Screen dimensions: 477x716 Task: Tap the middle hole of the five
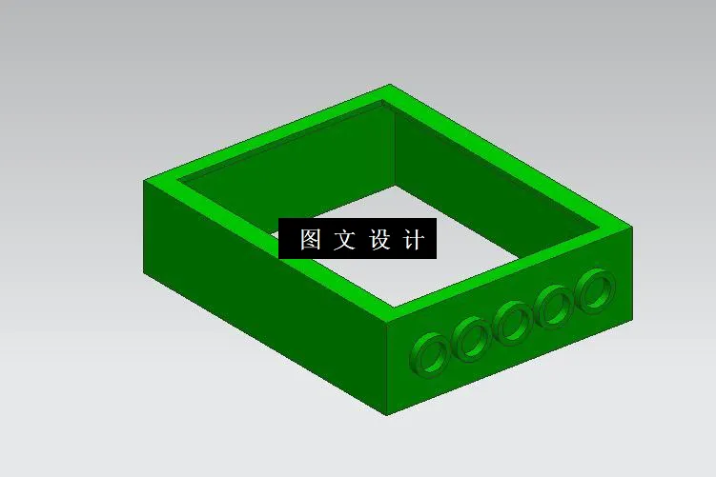tap(513, 321)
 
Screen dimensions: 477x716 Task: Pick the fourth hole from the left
tap(554, 306)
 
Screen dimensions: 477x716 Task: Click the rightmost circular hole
tap(596, 288)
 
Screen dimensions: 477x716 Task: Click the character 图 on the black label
tap(310, 239)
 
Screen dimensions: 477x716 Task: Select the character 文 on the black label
tap(344, 239)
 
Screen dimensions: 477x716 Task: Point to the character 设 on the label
tap(378, 239)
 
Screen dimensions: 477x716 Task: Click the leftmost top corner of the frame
tap(144, 181)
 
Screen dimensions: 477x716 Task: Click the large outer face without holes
tap(257, 314)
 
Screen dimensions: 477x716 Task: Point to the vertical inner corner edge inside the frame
tap(394, 143)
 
